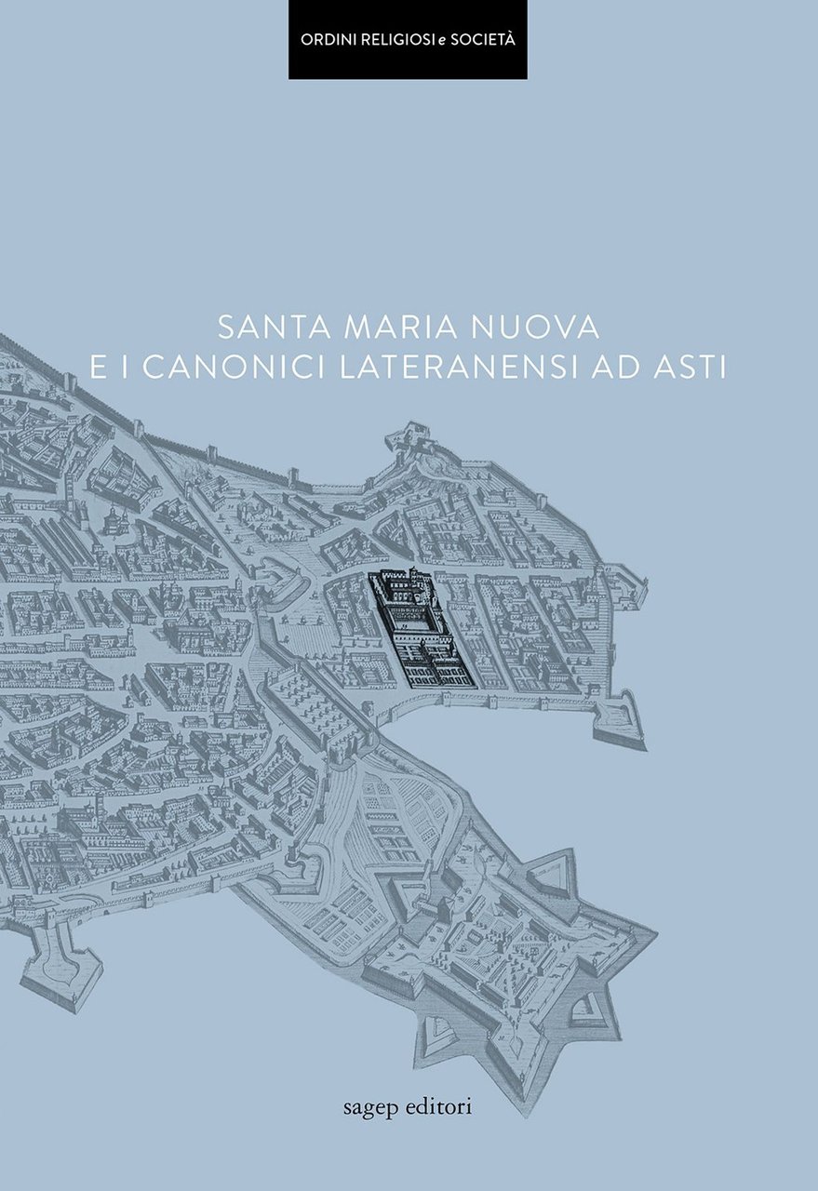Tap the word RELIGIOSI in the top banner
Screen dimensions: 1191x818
pos(394,40)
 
